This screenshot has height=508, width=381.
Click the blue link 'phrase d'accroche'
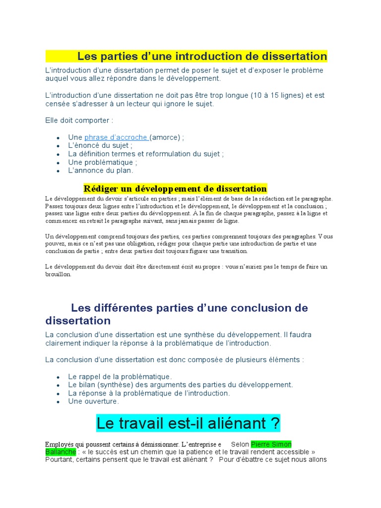pyautogui.click(x=116, y=137)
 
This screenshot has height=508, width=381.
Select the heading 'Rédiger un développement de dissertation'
pyautogui.click(x=175, y=189)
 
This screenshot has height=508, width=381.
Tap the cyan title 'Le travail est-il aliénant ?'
pyautogui.click(x=188, y=424)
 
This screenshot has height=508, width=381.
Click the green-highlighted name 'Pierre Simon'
pyautogui.click(x=271, y=444)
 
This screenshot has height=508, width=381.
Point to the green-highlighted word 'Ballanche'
pyautogui.click(x=61, y=452)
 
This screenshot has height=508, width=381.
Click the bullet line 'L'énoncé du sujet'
pyautogui.click(x=100, y=146)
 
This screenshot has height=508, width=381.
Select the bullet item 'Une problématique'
pyautogui.click(x=102, y=162)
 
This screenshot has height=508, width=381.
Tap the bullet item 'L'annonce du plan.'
pyautogui.click(x=101, y=171)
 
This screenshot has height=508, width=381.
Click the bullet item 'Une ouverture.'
pyautogui.click(x=93, y=401)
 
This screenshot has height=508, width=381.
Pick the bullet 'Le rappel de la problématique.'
pyautogui.click(x=120, y=377)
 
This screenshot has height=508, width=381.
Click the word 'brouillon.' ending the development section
pyautogui.click(x=59, y=274)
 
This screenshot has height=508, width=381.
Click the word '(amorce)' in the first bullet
pyautogui.click(x=165, y=137)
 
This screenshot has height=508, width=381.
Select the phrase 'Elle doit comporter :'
pyautogui.click(x=79, y=121)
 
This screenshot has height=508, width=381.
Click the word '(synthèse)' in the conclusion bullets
pyautogui.click(x=114, y=385)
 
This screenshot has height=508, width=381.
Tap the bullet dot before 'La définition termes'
pyautogui.click(x=59, y=154)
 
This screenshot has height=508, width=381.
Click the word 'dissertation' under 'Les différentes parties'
pyautogui.click(x=78, y=320)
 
